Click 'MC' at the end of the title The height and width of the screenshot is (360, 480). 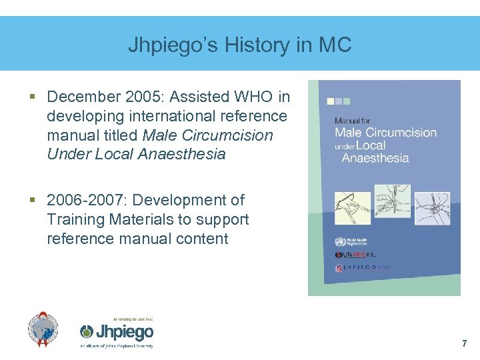pyautogui.click(x=335, y=45)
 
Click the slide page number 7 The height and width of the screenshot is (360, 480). pyautogui.click(x=464, y=344)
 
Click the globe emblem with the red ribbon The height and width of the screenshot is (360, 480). pyautogui.click(x=43, y=329)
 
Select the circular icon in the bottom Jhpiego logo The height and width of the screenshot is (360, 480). pyautogui.click(x=87, y=332)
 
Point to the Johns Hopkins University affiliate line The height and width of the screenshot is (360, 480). pyautogui.click(x=117, y=346)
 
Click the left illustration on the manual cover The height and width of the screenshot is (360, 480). pyautogui.click(x=352, y=208)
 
